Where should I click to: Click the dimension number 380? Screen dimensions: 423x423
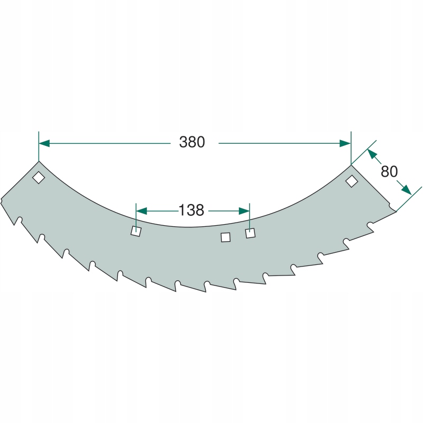192,142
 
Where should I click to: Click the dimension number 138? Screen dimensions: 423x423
191,210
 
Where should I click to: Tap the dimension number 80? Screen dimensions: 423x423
389,171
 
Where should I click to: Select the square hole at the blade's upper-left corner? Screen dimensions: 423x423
39,178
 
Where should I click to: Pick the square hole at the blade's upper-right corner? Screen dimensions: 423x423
352,181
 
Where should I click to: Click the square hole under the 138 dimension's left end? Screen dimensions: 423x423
136,231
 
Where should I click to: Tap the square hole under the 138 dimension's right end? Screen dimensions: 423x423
250,233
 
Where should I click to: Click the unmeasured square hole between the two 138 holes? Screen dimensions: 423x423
226,237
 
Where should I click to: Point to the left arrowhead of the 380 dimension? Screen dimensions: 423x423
44,143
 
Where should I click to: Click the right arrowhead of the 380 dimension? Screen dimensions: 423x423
345,143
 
